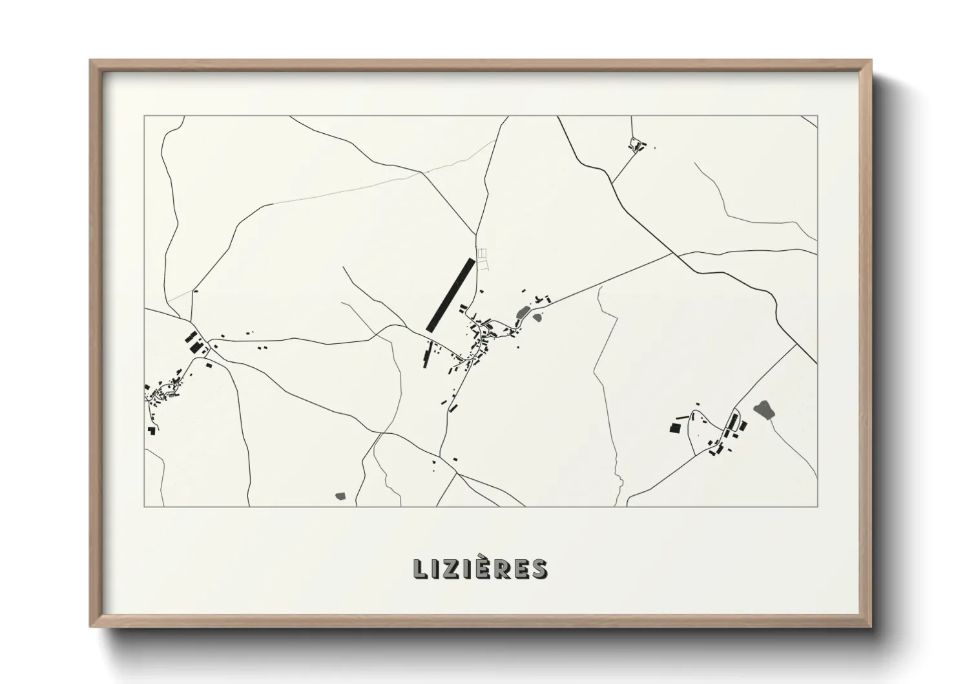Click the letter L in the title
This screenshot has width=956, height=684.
420,569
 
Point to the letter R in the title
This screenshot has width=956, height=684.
506,569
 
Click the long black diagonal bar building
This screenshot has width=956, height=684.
450,295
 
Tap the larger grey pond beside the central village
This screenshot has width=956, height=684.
522,317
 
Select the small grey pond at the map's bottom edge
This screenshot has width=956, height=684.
340,496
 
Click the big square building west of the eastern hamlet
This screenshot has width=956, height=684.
674,427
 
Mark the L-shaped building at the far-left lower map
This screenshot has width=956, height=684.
152,429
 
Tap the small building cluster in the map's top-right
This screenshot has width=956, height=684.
637,145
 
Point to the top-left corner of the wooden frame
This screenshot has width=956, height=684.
91,61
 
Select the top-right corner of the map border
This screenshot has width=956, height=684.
817,116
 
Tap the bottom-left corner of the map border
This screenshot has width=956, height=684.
145,506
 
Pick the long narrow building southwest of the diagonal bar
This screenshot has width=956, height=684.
426,355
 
